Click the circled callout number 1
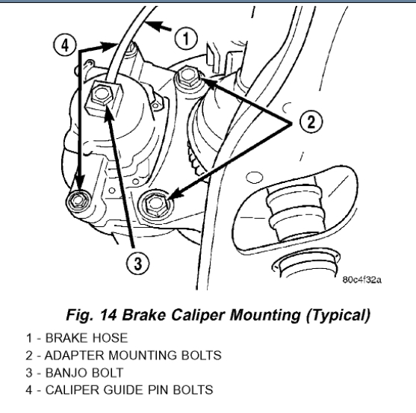(186, 38)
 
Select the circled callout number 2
(311, 122)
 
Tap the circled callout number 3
(137, 264)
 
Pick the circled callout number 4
(65, 45)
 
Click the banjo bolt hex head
(102, 94)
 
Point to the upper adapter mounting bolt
(186, 77)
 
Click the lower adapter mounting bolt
(155, 204)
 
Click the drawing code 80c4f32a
(361, 279)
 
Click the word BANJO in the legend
(66, 373)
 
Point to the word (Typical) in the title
(338, 315)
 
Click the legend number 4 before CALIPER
(29, 390)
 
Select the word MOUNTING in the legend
(143, 355)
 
